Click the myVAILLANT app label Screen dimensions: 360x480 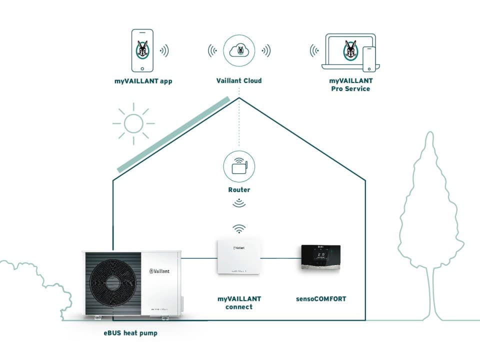[x=143, y=81]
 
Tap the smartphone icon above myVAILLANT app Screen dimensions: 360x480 [x=143, y=50]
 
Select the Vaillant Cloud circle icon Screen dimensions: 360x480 [x=239, y=50]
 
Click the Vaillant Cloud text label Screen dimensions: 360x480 [x=239, y=80]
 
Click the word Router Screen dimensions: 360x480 [x=239, y=190]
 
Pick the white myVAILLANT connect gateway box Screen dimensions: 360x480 [x=239, y=257]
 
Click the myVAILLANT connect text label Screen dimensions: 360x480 [x=239, y=302]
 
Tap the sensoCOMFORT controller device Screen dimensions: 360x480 [x=320, y=258]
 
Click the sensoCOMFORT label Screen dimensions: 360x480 [x=320, y=299]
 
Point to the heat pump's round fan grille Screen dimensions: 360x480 [x=114, y=284]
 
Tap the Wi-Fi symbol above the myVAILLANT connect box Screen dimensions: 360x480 [x=239, y=229]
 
